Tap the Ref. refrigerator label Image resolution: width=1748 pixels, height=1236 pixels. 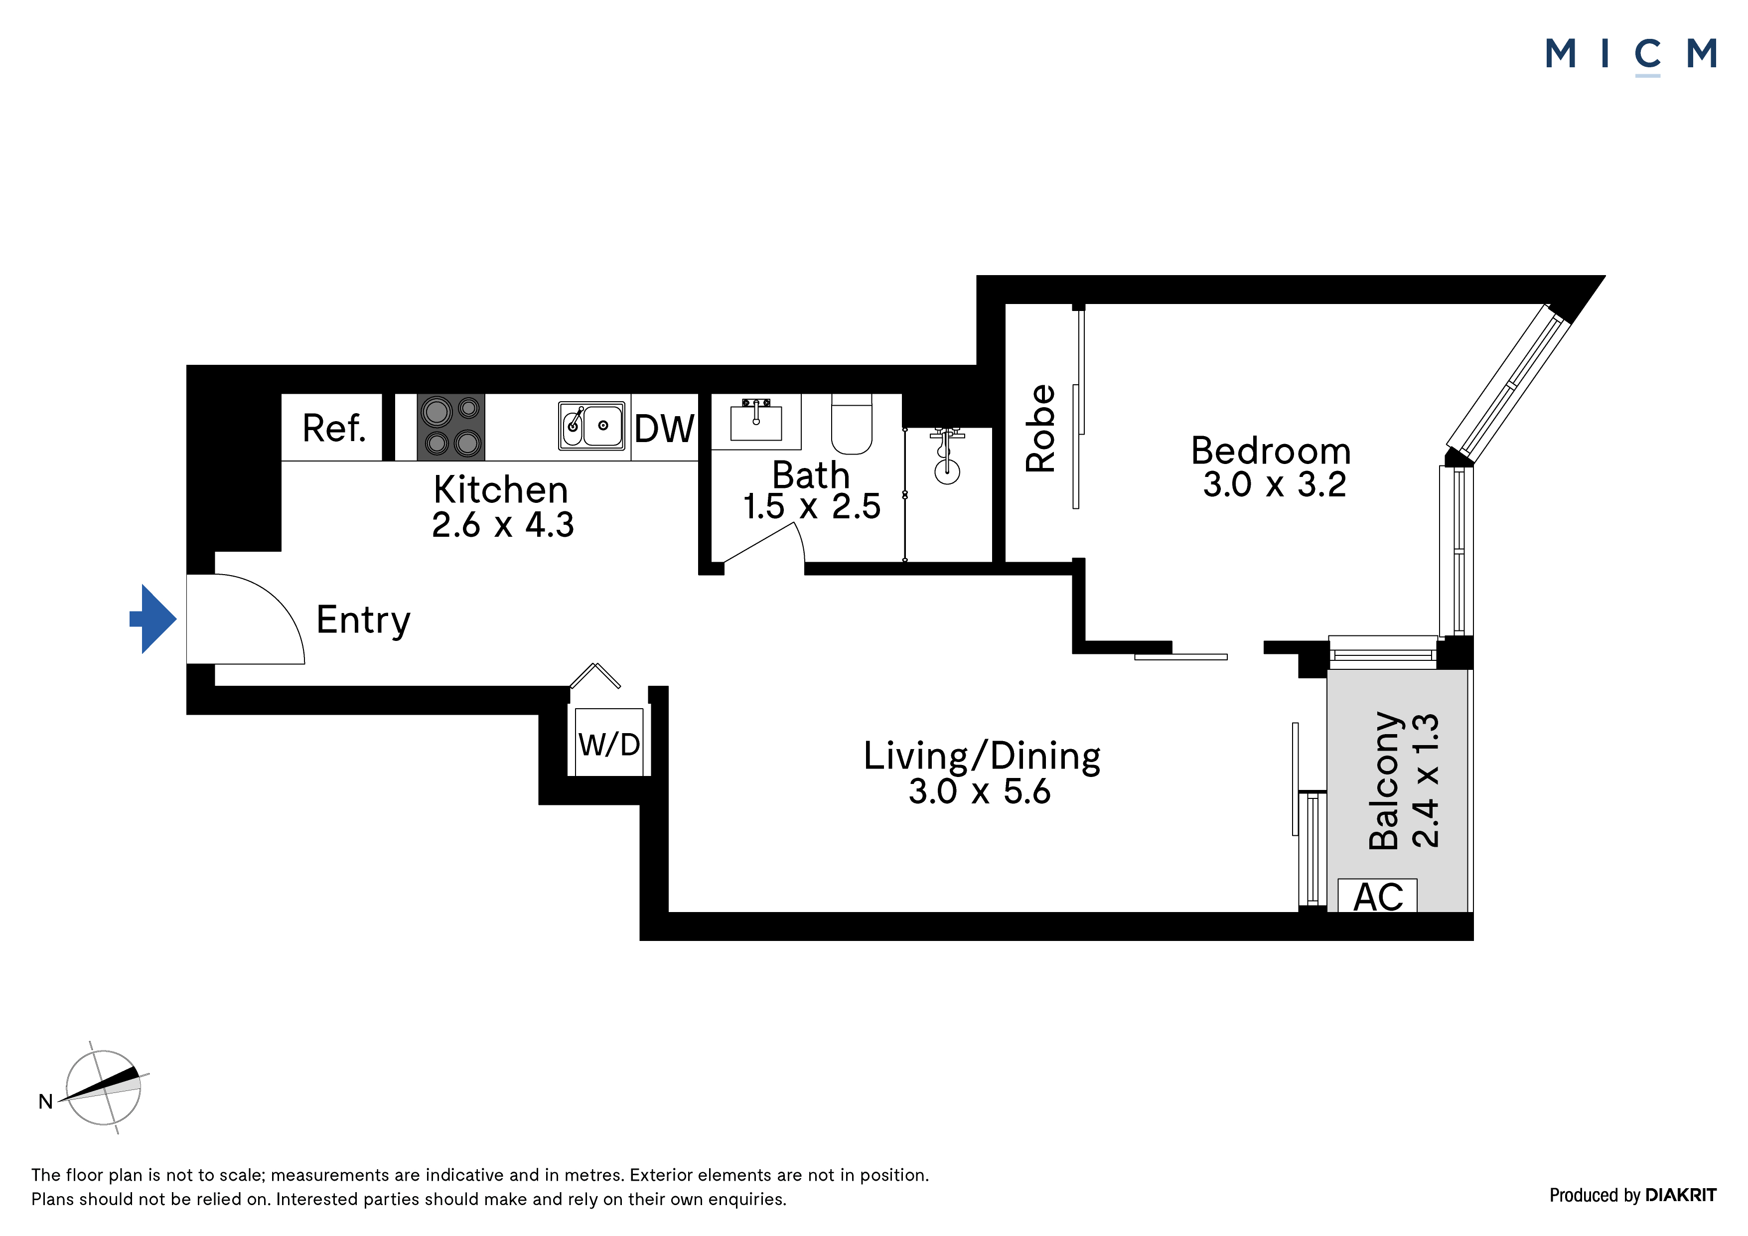[x=333, y=428]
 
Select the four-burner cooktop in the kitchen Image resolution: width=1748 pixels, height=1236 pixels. [x=451, y=427]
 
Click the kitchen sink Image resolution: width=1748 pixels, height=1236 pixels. [x=591, y=426]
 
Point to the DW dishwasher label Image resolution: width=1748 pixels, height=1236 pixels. [x=664, y=429]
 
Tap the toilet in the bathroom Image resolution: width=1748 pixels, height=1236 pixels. [x=851, y=424]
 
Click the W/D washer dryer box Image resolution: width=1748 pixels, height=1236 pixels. [x=609, y=743]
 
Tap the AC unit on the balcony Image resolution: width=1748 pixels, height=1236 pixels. [x=1377, y=896]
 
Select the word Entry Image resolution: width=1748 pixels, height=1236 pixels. [x=363, y=620]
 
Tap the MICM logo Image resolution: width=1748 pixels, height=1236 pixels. [x=1631, y=55]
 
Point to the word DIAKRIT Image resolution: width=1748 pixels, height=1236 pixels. [x=1681, y=1195]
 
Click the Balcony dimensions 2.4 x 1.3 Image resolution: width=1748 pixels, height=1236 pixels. [x=1425, y=780]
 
